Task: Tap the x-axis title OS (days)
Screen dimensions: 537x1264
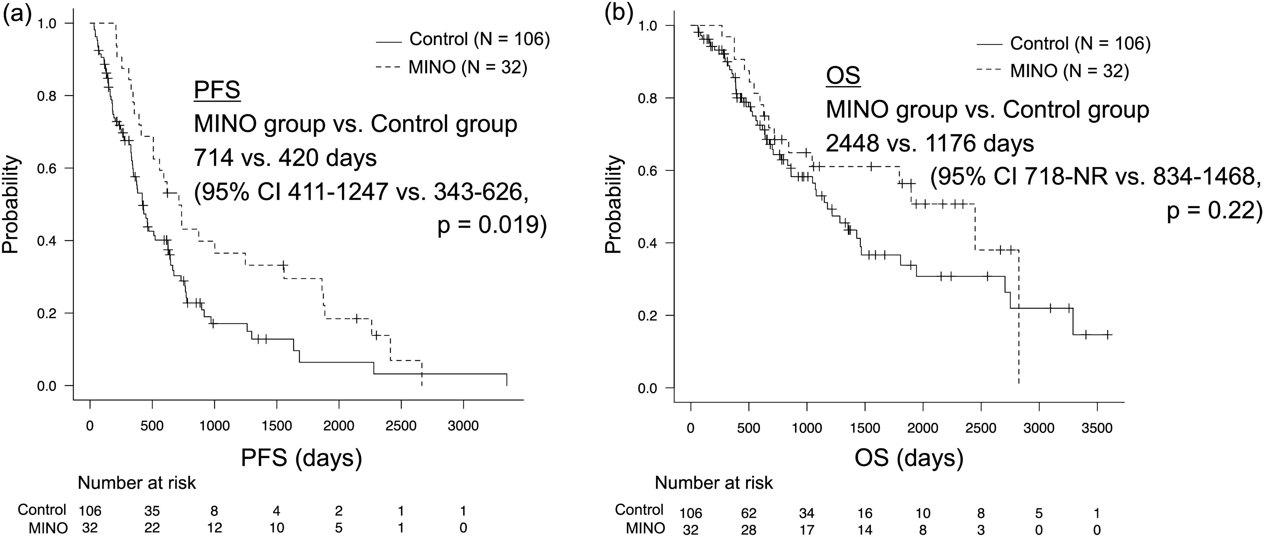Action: (x=909, y=458)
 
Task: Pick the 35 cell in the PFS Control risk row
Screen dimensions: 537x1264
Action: (x=152, y=511)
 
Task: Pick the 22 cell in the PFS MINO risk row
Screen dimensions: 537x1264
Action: (x=152, y=528)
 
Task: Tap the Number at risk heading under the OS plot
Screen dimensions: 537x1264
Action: (x=714, y=483)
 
